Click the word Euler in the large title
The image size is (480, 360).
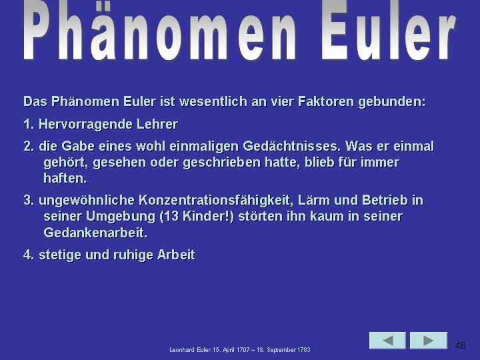(389, 30)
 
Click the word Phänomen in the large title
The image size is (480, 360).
(159, 30)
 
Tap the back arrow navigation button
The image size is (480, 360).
(387, 341)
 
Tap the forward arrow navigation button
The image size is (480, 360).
(429, 341)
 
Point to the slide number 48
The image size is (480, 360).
(461, 345)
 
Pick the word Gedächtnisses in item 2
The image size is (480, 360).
(292, 146)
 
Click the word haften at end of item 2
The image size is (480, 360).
(65, 178)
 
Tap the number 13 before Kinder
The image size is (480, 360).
(172, 217)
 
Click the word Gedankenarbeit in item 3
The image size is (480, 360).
(95, 233)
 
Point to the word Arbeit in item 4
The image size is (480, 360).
(176, 255)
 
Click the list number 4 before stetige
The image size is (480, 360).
(29, 255)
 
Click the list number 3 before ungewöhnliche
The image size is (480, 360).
(29, 201)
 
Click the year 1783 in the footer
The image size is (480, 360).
(304, 350)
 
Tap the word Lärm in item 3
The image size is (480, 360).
(313, 201)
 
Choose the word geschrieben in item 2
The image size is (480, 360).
(221, 163)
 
